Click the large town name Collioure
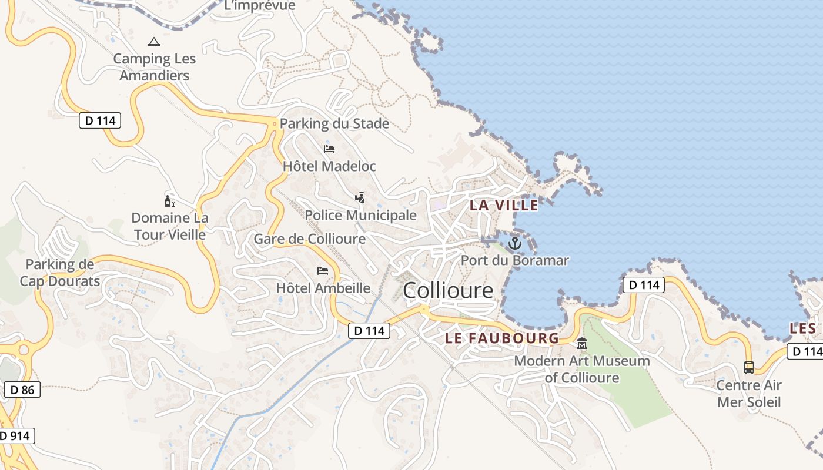tap(448, 290)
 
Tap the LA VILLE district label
tap(504, 205)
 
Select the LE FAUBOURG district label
tap(501, 338)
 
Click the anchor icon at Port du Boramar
tap(515, 243)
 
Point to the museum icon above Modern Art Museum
tap(582, 344)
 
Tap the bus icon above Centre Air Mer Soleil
tap(748, 368)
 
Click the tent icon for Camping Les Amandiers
tap(154, 42)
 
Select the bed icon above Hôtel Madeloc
tap(329, 149)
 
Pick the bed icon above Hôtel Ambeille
tap(323, 271)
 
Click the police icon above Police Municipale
tap(360, 198)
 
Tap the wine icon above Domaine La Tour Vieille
tap(170, 201)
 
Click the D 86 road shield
tap(22, 390)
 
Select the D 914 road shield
tap(16, 436)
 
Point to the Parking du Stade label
tap(334, 123)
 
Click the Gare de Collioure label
tap(309, 239)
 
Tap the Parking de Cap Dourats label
tap(59, 273)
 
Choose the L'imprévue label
tap(260, 6)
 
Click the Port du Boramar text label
tap(514, 260)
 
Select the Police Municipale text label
tap(360, 215)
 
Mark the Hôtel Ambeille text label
tap(323, 288)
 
